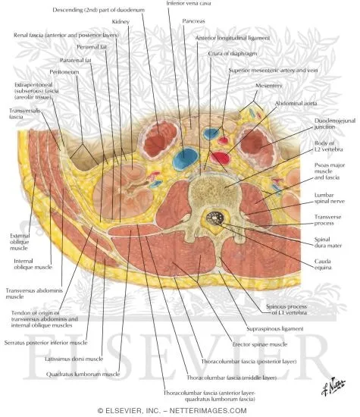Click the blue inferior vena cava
tap(183, 159)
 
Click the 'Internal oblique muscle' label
tap(28, 266)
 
